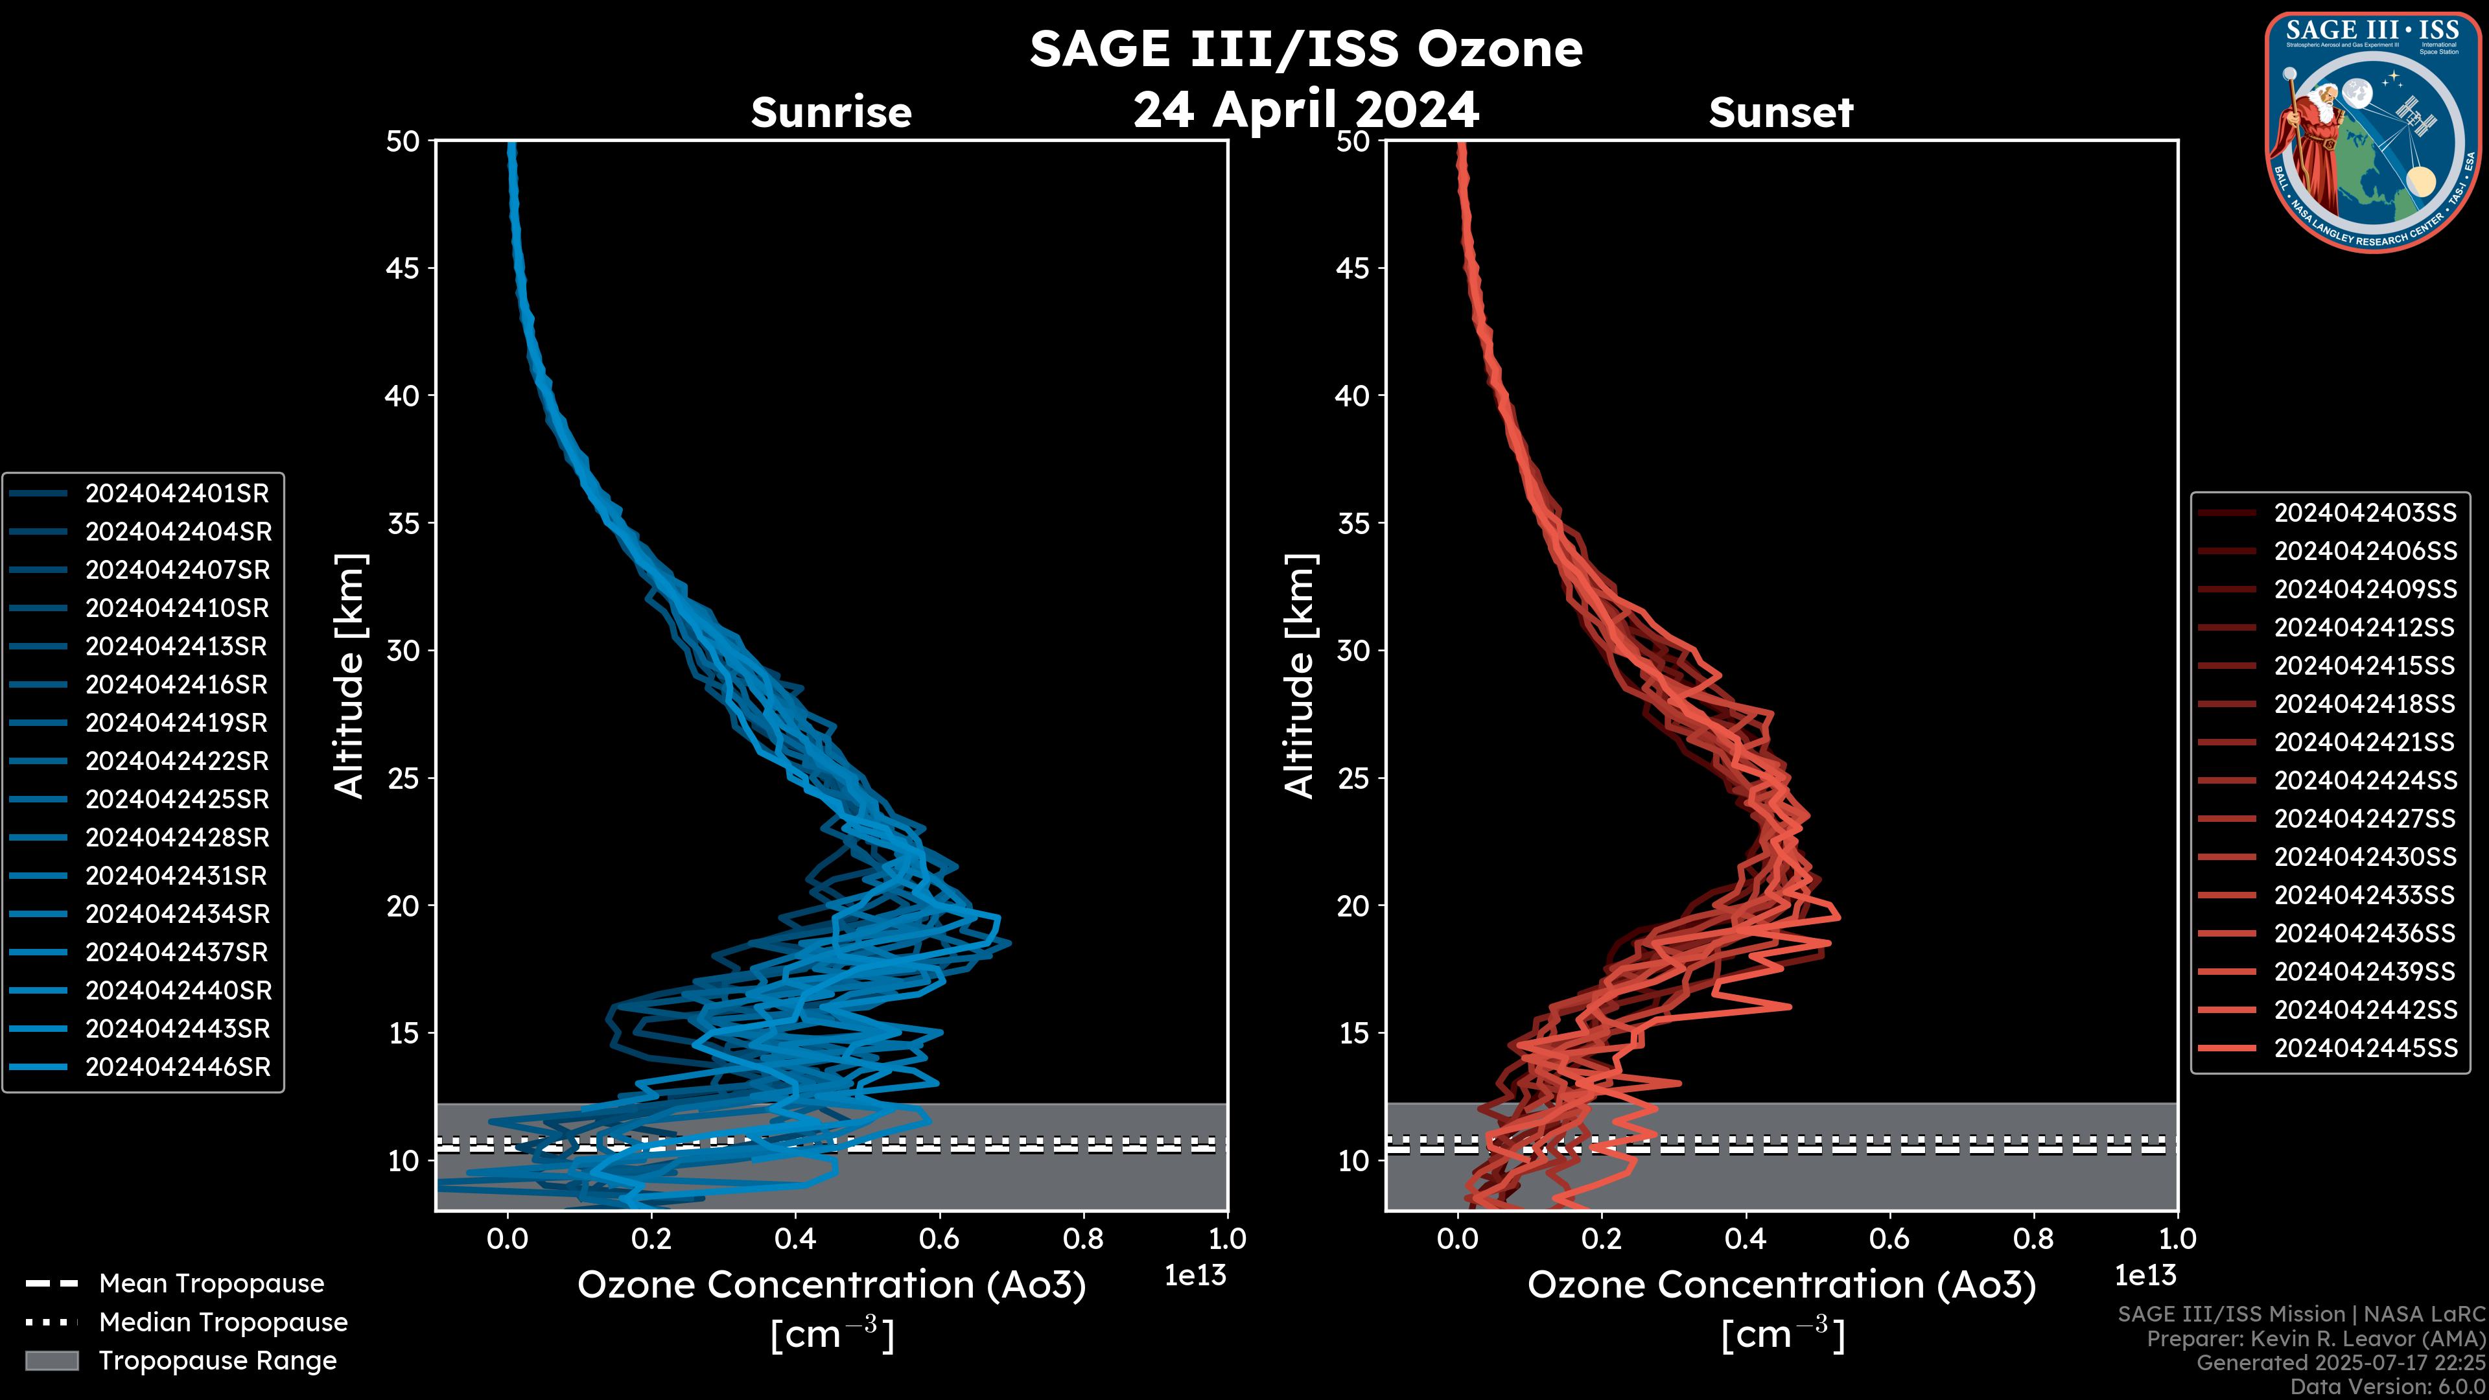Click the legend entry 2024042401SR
pyautogui.click(x=177, y=494)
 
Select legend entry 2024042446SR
pyautogui.click(x=178, y=1067)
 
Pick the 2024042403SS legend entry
pyautogui.click(x=2365, y=513)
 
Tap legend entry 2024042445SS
pyautogui.click(x=2365, y=1048)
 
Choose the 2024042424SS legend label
pyautogui.click(x=2365, y=780)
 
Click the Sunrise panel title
pyautogui.click(x=831, y=112)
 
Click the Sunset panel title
pyautogui.click(x=1781, y=112)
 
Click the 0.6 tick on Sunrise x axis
pyautogui.click(x=939, y=1239)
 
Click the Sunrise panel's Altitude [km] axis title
pyautogui.click(x=350, y=676)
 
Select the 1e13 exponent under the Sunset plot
pyautogui.click(x=2145, y=1276)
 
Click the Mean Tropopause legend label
pyautogui.click(x=211, y=1284)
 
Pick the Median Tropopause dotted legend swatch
pyautogui.click(x=51, y=1322)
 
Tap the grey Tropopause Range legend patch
pyautogui.click(x=51, y=1360)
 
